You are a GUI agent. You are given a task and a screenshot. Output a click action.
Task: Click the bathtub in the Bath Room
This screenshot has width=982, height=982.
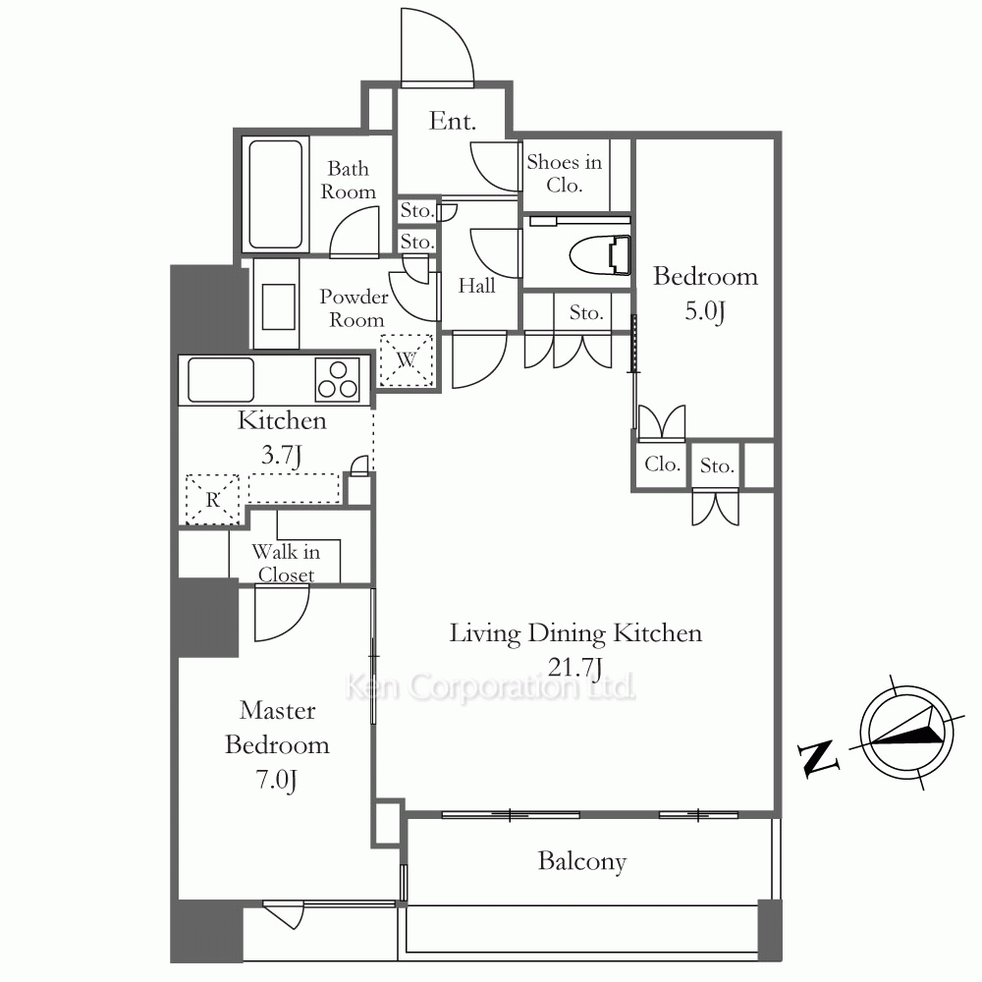(276, 194)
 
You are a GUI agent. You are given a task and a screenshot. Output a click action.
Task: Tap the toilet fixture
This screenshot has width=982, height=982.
(600, 255)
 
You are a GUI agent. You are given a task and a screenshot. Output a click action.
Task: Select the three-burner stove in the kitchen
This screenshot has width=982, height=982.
(338, 379)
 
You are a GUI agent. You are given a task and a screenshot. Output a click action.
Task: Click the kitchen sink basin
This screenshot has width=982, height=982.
(220, 379)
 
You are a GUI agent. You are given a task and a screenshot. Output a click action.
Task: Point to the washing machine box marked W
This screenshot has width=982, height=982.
(407, 360)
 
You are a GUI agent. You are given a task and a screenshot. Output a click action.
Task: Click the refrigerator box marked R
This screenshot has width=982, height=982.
(213, 499)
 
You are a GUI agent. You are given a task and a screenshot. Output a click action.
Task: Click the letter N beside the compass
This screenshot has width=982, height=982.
(818, 758)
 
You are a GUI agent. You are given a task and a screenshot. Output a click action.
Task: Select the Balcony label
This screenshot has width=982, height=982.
(581, 861)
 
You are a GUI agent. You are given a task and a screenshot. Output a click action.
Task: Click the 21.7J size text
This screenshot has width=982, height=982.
(574, 668)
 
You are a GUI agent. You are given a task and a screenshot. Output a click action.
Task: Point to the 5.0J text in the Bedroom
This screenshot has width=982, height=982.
(704, 311)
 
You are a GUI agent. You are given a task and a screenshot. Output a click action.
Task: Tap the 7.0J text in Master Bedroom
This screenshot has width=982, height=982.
(276, 780)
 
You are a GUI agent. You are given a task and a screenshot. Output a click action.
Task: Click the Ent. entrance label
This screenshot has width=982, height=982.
(452, 121)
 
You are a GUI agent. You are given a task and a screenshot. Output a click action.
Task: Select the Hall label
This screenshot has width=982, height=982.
(476, 286)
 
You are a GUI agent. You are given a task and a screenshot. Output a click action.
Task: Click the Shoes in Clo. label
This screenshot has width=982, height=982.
(565, 174)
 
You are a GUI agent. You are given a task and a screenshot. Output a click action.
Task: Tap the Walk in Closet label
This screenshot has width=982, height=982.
(286, 563)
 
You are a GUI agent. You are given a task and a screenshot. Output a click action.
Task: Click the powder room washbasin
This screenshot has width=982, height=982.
(279, 306)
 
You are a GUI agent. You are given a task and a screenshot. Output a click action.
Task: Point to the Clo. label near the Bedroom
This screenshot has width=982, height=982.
(662, 464)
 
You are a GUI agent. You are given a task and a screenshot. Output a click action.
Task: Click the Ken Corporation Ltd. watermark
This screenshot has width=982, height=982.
(490, 687)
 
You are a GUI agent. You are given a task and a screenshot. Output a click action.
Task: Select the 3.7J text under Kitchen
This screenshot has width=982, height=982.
(281, 456)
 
